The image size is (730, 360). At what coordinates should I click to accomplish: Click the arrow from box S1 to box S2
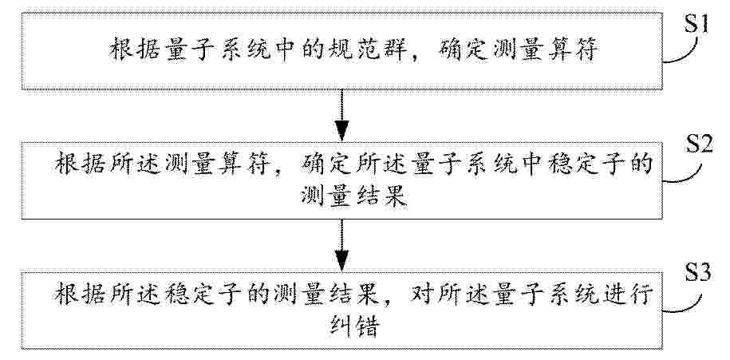(342, 115)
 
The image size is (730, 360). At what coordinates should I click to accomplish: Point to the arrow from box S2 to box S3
(342, 245)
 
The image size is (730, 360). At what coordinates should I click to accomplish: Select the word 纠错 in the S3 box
(353, 327)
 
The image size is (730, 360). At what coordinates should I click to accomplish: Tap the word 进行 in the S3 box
(625, 295)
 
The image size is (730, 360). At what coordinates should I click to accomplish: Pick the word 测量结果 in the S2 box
(353, 197)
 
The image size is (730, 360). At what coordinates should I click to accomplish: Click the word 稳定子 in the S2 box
(599, 165)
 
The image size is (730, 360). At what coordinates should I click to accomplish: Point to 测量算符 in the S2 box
(215, 165)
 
